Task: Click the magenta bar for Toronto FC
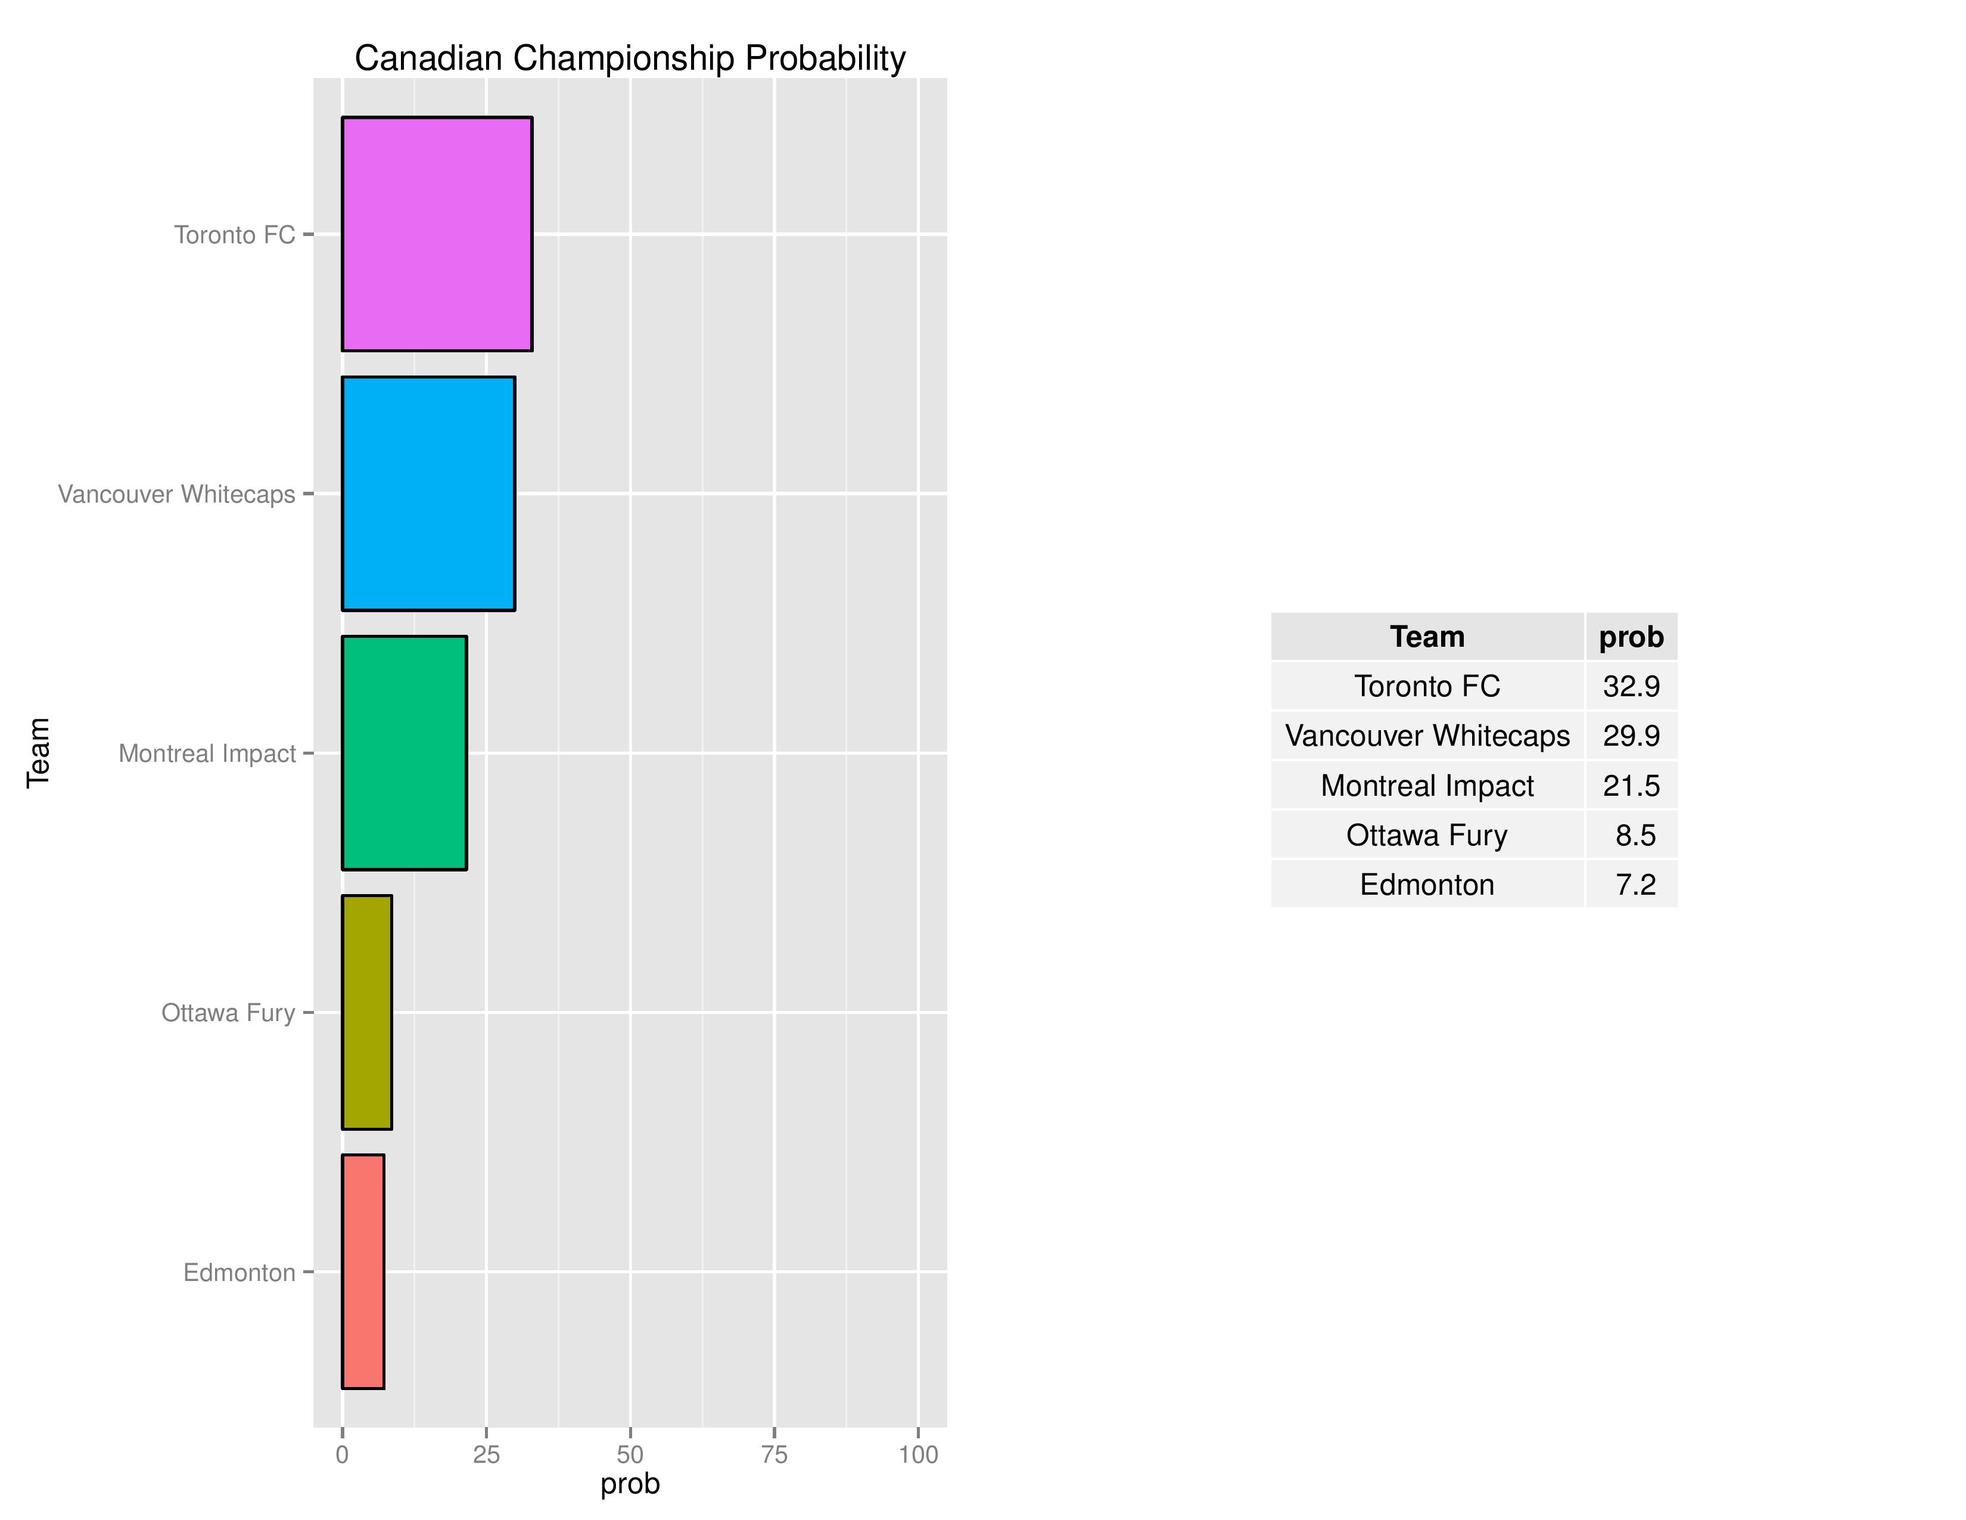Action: point(437,234)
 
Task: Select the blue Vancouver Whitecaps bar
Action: point(428,494)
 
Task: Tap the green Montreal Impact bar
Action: point(404,753)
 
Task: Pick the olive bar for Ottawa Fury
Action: point(366,1012)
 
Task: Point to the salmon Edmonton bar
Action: point(363,1271)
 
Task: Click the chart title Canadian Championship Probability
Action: point(630,58)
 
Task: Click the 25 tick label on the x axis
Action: point(486,1454)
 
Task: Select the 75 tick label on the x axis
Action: point(774,1454)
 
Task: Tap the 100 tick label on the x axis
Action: point(918,1454)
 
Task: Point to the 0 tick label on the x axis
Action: point(342,1454)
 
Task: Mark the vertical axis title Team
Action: point(38,753)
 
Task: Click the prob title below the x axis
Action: point(630,1484)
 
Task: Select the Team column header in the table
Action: point(1427,637)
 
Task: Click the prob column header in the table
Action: point(1631,637)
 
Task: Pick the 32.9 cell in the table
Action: point(1631,686)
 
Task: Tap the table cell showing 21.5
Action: point(1631,785)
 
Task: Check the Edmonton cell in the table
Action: point(1427,884)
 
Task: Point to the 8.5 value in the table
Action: point(1635,835)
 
